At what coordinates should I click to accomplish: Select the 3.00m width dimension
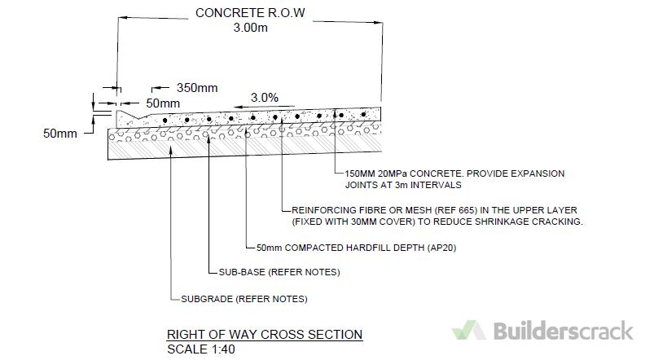[x=250, y=28]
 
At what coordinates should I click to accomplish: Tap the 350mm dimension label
[x=195, y=87]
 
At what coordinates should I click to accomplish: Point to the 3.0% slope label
[x=265, y=97]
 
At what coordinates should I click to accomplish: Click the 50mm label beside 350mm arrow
[x=163, y=103]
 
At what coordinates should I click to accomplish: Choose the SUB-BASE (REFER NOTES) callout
[x=279, y=271]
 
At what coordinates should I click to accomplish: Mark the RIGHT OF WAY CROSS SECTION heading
[x=264, y=335]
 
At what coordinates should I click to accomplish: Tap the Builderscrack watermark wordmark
[x=563, y=331]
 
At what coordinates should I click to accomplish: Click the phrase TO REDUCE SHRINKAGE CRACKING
[x=500, y=222]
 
